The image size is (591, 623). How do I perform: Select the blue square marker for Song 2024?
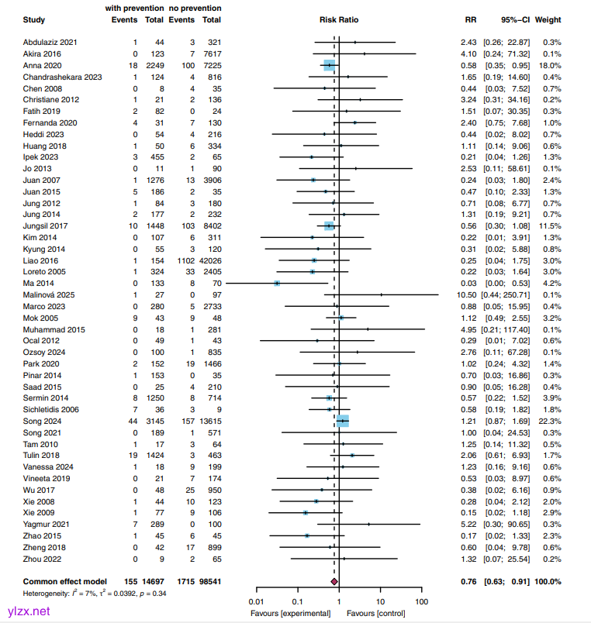pos(342,421)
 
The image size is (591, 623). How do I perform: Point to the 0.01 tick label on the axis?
pos(255,602)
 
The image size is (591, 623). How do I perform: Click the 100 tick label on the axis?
pos(421,602)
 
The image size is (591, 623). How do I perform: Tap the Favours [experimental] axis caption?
pos(291,613)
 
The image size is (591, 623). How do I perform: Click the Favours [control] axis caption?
pos(378,613)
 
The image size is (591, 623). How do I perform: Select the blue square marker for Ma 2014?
pos(277,284)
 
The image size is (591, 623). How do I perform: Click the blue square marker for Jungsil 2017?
pos(329,225)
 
